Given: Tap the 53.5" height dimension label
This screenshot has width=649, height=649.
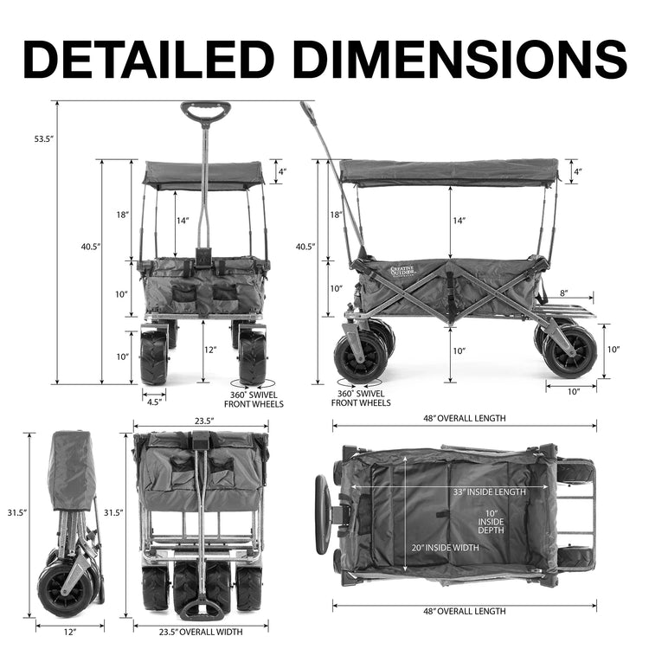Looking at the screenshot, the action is coord(44,139).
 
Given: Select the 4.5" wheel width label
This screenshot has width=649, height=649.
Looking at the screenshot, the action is coord(153,402).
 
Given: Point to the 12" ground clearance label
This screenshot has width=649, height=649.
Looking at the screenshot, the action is coord(210,350).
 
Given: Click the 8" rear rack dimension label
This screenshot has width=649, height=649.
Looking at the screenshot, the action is coord(564,293).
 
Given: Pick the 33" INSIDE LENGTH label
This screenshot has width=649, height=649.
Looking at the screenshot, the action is coord(489,492).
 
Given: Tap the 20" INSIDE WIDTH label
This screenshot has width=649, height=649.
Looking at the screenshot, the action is coord(445,548).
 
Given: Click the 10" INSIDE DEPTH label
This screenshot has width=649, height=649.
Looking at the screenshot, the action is coord(491,522).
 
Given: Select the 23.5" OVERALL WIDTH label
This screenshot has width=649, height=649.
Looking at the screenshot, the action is coord(201,632).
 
